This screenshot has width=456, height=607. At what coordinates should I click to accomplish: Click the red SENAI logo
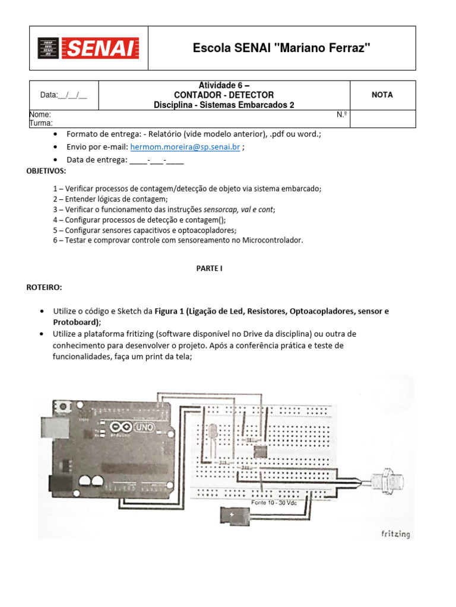point(88,49)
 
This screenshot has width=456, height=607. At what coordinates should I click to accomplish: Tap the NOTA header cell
point(382,95)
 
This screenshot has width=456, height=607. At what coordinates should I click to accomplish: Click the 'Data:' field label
point(49,95)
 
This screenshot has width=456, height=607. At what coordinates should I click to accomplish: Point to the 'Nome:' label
point(40,114)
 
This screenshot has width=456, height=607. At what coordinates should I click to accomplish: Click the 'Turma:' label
point(41,123)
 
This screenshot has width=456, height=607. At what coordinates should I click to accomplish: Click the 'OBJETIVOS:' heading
point(46,171)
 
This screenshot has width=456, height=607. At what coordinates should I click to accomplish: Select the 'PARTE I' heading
point(209,268)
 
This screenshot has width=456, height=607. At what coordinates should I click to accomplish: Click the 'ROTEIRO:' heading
point(44,287)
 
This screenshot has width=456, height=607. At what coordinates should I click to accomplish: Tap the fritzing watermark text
point(395,533)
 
